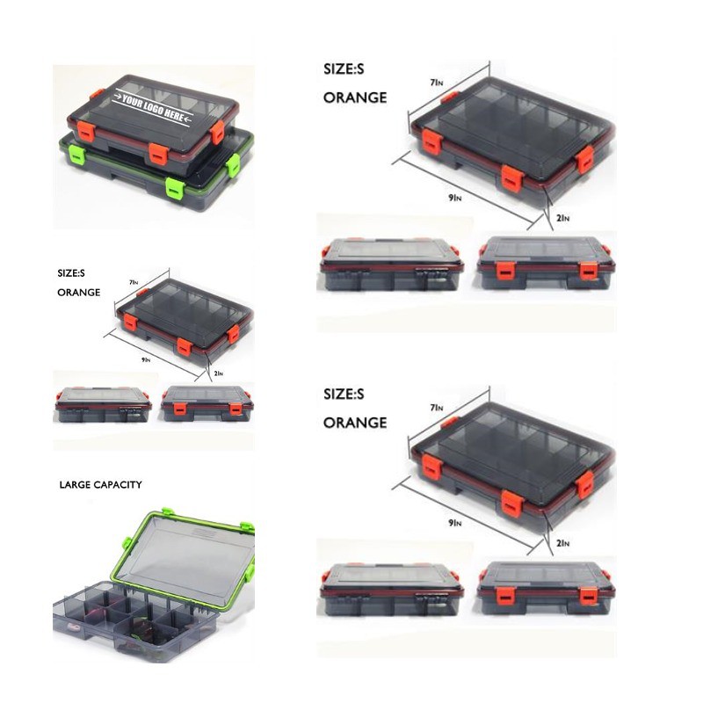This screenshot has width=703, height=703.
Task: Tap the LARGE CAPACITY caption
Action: point(100,485)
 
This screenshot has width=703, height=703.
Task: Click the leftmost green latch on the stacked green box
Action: point(77,155)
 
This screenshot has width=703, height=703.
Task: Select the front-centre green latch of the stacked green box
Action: point(175,188)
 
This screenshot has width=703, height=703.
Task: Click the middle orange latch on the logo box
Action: point(158,155)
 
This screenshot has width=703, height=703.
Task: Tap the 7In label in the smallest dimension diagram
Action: point(134,282)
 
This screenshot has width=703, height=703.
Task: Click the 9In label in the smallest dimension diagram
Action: point(146,359)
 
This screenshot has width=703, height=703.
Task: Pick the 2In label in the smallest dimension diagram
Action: point(218,373)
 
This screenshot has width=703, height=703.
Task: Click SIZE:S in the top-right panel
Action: point(344,69)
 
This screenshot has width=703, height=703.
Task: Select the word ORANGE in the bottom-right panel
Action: point(355,423)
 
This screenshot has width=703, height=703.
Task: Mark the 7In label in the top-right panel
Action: point(437,83)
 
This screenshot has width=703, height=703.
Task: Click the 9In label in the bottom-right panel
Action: point(455,523)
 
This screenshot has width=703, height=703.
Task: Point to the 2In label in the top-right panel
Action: point(563,218)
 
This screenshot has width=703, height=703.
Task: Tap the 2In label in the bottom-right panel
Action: point(563,543)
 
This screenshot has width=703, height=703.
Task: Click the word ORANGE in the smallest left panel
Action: point(79,293)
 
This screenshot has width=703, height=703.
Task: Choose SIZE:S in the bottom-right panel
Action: point(344,394)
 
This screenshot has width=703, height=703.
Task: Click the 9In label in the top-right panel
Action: point(455,198)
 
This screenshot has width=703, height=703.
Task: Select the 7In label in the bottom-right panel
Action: point(437,408)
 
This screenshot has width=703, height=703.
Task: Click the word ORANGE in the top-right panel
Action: point(355,98)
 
